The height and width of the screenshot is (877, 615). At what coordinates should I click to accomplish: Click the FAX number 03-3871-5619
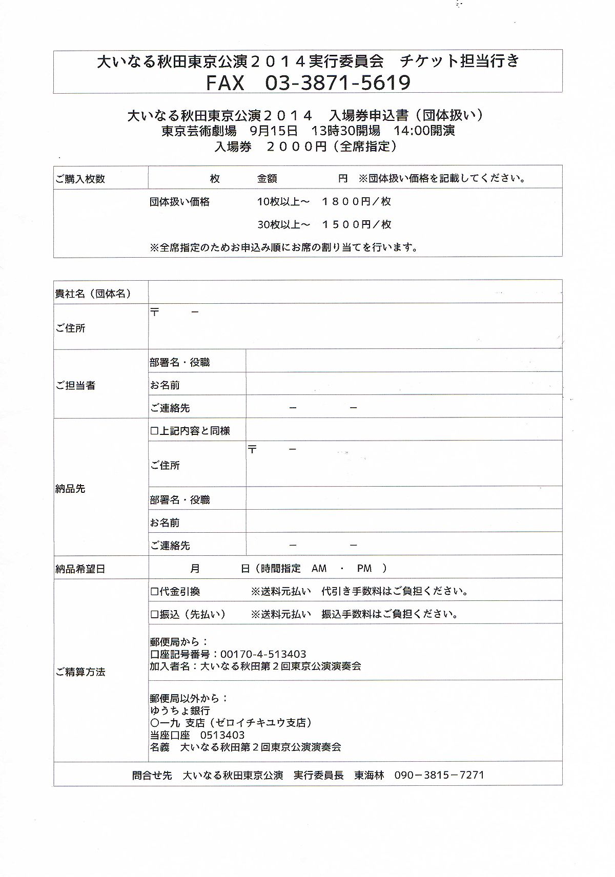(x=337, y=82)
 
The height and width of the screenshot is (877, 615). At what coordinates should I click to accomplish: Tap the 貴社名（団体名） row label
(x=93, y=294)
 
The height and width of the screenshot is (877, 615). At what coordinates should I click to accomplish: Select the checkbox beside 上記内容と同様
(x=154, y=431)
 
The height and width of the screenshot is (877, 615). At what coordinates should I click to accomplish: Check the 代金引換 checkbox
(x=154, y=592)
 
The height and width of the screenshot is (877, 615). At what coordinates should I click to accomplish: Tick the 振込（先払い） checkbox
(x=154, y=614)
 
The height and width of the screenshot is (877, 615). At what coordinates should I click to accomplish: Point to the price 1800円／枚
(x=356, y=202)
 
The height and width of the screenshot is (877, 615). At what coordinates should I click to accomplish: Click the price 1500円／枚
(x=356, y=224)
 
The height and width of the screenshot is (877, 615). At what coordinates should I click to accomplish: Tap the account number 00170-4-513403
(x=263, y=654)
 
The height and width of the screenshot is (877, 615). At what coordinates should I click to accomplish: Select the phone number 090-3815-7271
(x=439, y=775)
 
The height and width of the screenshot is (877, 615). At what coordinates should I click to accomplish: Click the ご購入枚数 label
(x=80, y=179)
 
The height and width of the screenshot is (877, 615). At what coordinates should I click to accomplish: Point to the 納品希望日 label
(x=80, y=569)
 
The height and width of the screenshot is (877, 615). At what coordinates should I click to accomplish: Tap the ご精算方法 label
(x=80, y=672)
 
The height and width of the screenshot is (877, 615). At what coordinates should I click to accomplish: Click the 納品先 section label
(x=70, y=489)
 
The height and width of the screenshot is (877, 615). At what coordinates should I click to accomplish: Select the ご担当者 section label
(x=75, y=385)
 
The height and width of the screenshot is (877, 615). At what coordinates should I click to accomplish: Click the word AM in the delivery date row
(x=319, y=568)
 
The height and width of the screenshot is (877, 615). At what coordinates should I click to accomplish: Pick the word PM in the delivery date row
(x=364, y=568)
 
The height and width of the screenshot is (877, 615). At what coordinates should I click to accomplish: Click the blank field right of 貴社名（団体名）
(x=355, y=292)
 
